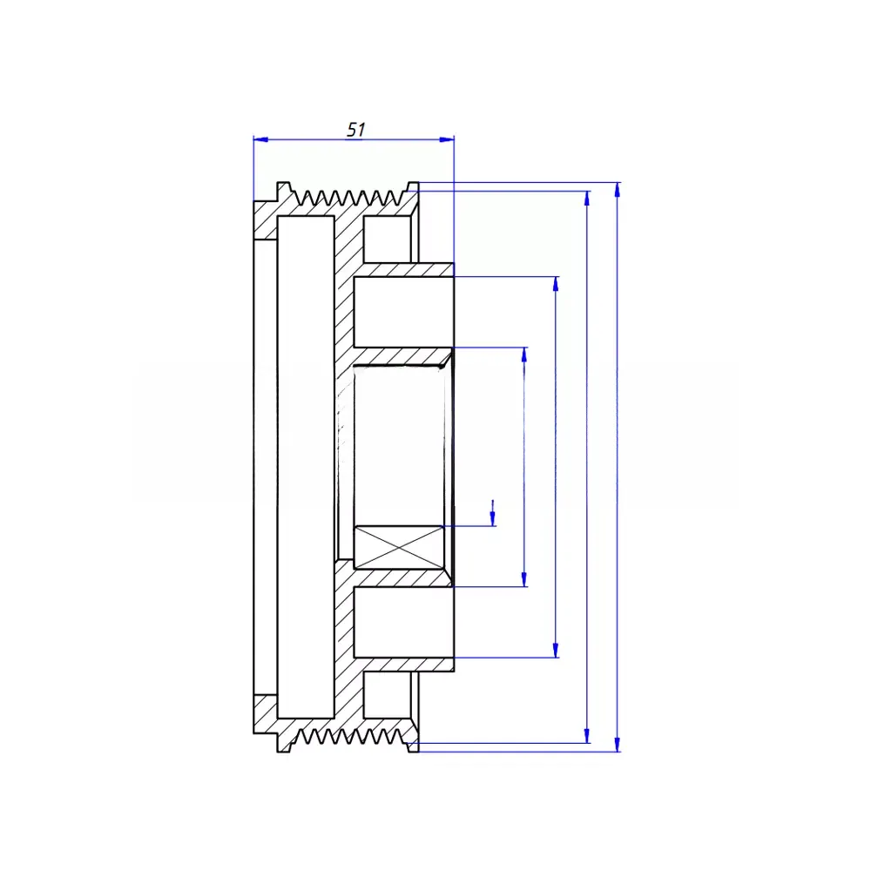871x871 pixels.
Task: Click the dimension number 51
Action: [x=356, y=130]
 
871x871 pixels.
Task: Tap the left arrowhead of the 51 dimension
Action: [x=260, y=139]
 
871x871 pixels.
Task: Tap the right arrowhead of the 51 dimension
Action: [x=447, y=139]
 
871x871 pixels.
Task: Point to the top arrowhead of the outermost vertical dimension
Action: [x=618, y=189]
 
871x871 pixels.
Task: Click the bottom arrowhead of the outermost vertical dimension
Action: [x=618, y=745]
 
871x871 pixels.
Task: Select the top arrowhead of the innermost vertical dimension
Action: [x=523, y=355]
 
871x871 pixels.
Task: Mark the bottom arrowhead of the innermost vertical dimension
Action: [x=523, y=579]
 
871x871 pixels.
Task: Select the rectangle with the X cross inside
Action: [x=399, y=548]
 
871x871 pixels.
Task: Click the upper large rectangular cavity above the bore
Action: [x=404, y=312]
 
